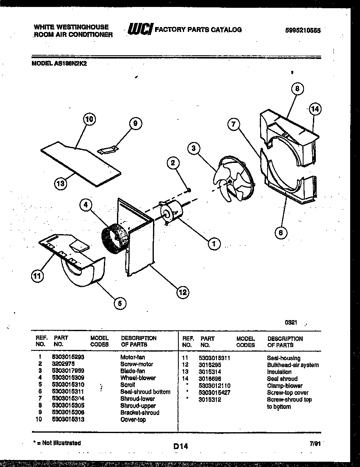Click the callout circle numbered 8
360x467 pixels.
(297, 88)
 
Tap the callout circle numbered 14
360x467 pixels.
(314, 109)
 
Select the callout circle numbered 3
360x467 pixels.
(194, 149)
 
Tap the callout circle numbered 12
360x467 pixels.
(182, 292)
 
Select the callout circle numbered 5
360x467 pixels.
(119, 303)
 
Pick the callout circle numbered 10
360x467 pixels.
(89, 120)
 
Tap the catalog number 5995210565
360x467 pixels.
(303, 30)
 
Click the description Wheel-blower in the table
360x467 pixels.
(138, 378)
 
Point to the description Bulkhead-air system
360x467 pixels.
(292, 365)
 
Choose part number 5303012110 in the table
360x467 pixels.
(215, 386)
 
